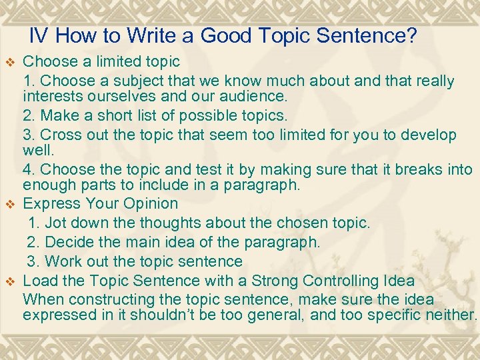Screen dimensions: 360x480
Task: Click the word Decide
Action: click(x=71, y=241)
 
